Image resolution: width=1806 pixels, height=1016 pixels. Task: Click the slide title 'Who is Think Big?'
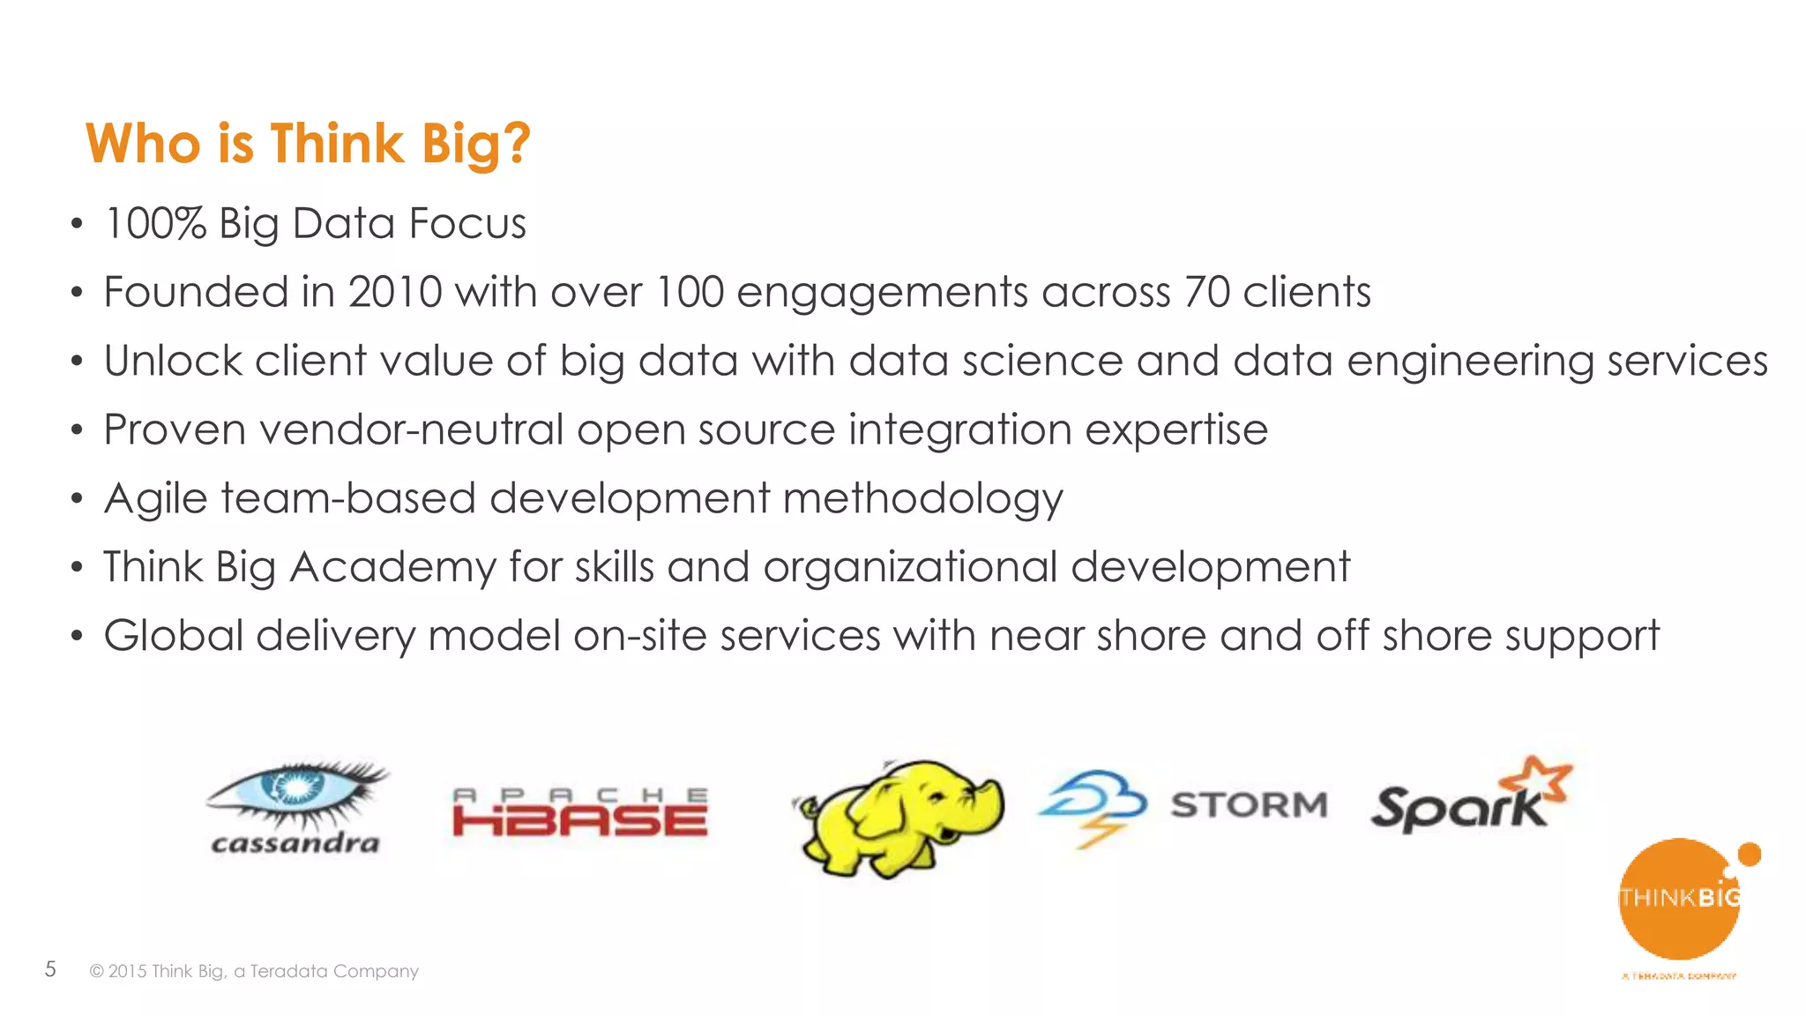pyautogui.click(x=308, y=144)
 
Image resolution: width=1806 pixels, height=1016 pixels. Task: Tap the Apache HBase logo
pyautogui.click(x=579, y=812)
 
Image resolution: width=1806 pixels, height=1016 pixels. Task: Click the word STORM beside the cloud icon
pyautogui.click(x=1249, y=805)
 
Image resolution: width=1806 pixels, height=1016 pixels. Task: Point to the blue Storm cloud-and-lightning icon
pyautogui.click(x=1093, y=804)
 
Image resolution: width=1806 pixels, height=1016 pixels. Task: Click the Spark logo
pyautogui.click(x=1468, y=798)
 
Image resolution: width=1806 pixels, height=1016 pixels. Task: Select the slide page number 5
pyautogui.click(x=50, y=969)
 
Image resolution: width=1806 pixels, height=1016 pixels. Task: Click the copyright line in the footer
pyautogui.click(x=254, y=971)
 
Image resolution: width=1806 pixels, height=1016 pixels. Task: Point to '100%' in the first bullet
pyautogui.click(x=155, y=223)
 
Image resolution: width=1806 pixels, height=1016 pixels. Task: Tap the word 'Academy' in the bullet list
pyautogui.click(x=392, y=567)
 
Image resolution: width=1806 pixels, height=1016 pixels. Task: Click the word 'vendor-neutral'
pyautogui.click(x=411, y=430)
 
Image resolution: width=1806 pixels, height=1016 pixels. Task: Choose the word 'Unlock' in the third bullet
pyautogui.click(x=173, y=361)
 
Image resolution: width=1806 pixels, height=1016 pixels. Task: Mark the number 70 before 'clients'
pyautogui.click(x=1206, y=292)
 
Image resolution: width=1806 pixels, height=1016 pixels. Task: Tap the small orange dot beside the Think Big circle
pyautogui.click(x=1749, y=854)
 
